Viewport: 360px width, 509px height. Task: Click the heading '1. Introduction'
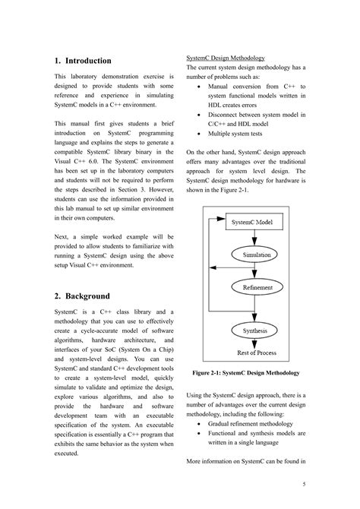tap(83, 61)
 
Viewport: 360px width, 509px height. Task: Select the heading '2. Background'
tap(82, 296)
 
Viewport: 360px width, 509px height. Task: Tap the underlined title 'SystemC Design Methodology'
tap(226, 58)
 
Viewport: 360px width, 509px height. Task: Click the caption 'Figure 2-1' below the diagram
tap(245, 373)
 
